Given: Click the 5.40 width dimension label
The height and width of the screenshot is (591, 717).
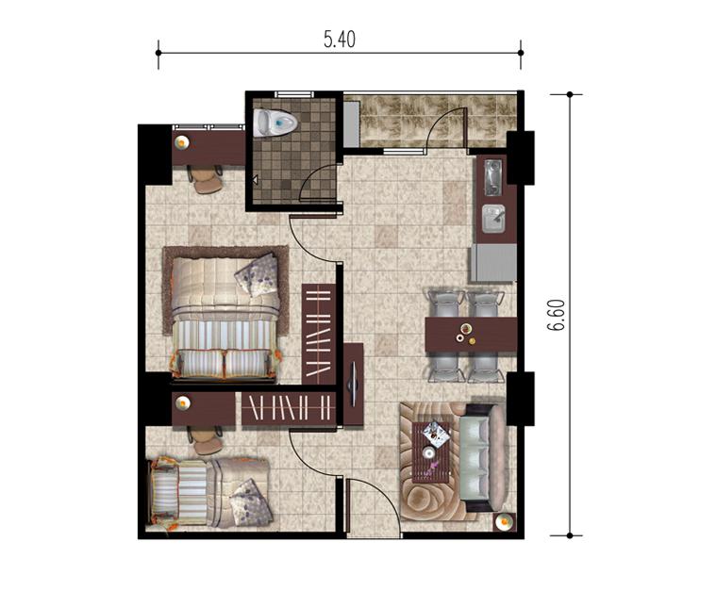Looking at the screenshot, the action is pos(340,41).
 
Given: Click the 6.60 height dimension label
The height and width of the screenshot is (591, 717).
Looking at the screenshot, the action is pos(558,315).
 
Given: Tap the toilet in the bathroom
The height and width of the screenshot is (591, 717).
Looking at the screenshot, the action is pos(275,123).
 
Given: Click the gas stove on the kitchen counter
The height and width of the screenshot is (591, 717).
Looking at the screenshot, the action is pos(492,177).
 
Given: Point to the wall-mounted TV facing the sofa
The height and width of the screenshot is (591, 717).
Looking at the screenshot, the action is pos(354,384).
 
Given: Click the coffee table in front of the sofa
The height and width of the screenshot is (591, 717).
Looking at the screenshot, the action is pos(431,451).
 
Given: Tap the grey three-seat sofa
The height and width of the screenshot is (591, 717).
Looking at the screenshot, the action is pos(483,458).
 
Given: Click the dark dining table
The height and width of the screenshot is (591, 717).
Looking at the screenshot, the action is pos(471,335).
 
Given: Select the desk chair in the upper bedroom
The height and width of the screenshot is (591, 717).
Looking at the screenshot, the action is pos(206,178).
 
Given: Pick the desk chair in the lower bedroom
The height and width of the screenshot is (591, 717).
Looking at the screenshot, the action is pos(206,440).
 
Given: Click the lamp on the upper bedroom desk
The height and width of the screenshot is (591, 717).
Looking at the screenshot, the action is pos(182,143).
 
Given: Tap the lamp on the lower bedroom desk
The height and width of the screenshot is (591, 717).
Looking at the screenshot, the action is pos(183,402).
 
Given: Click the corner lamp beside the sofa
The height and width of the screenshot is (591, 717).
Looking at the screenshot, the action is pos(505,521).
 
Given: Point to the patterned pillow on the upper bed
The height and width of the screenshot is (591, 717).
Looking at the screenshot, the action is pos(257,274).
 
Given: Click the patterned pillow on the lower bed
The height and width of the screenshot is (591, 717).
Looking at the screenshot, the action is pos(250,501).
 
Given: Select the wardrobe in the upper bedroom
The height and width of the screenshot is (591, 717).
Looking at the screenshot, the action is pos(319,335).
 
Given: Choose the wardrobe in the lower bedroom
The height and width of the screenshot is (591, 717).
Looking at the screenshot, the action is pos(289,407).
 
